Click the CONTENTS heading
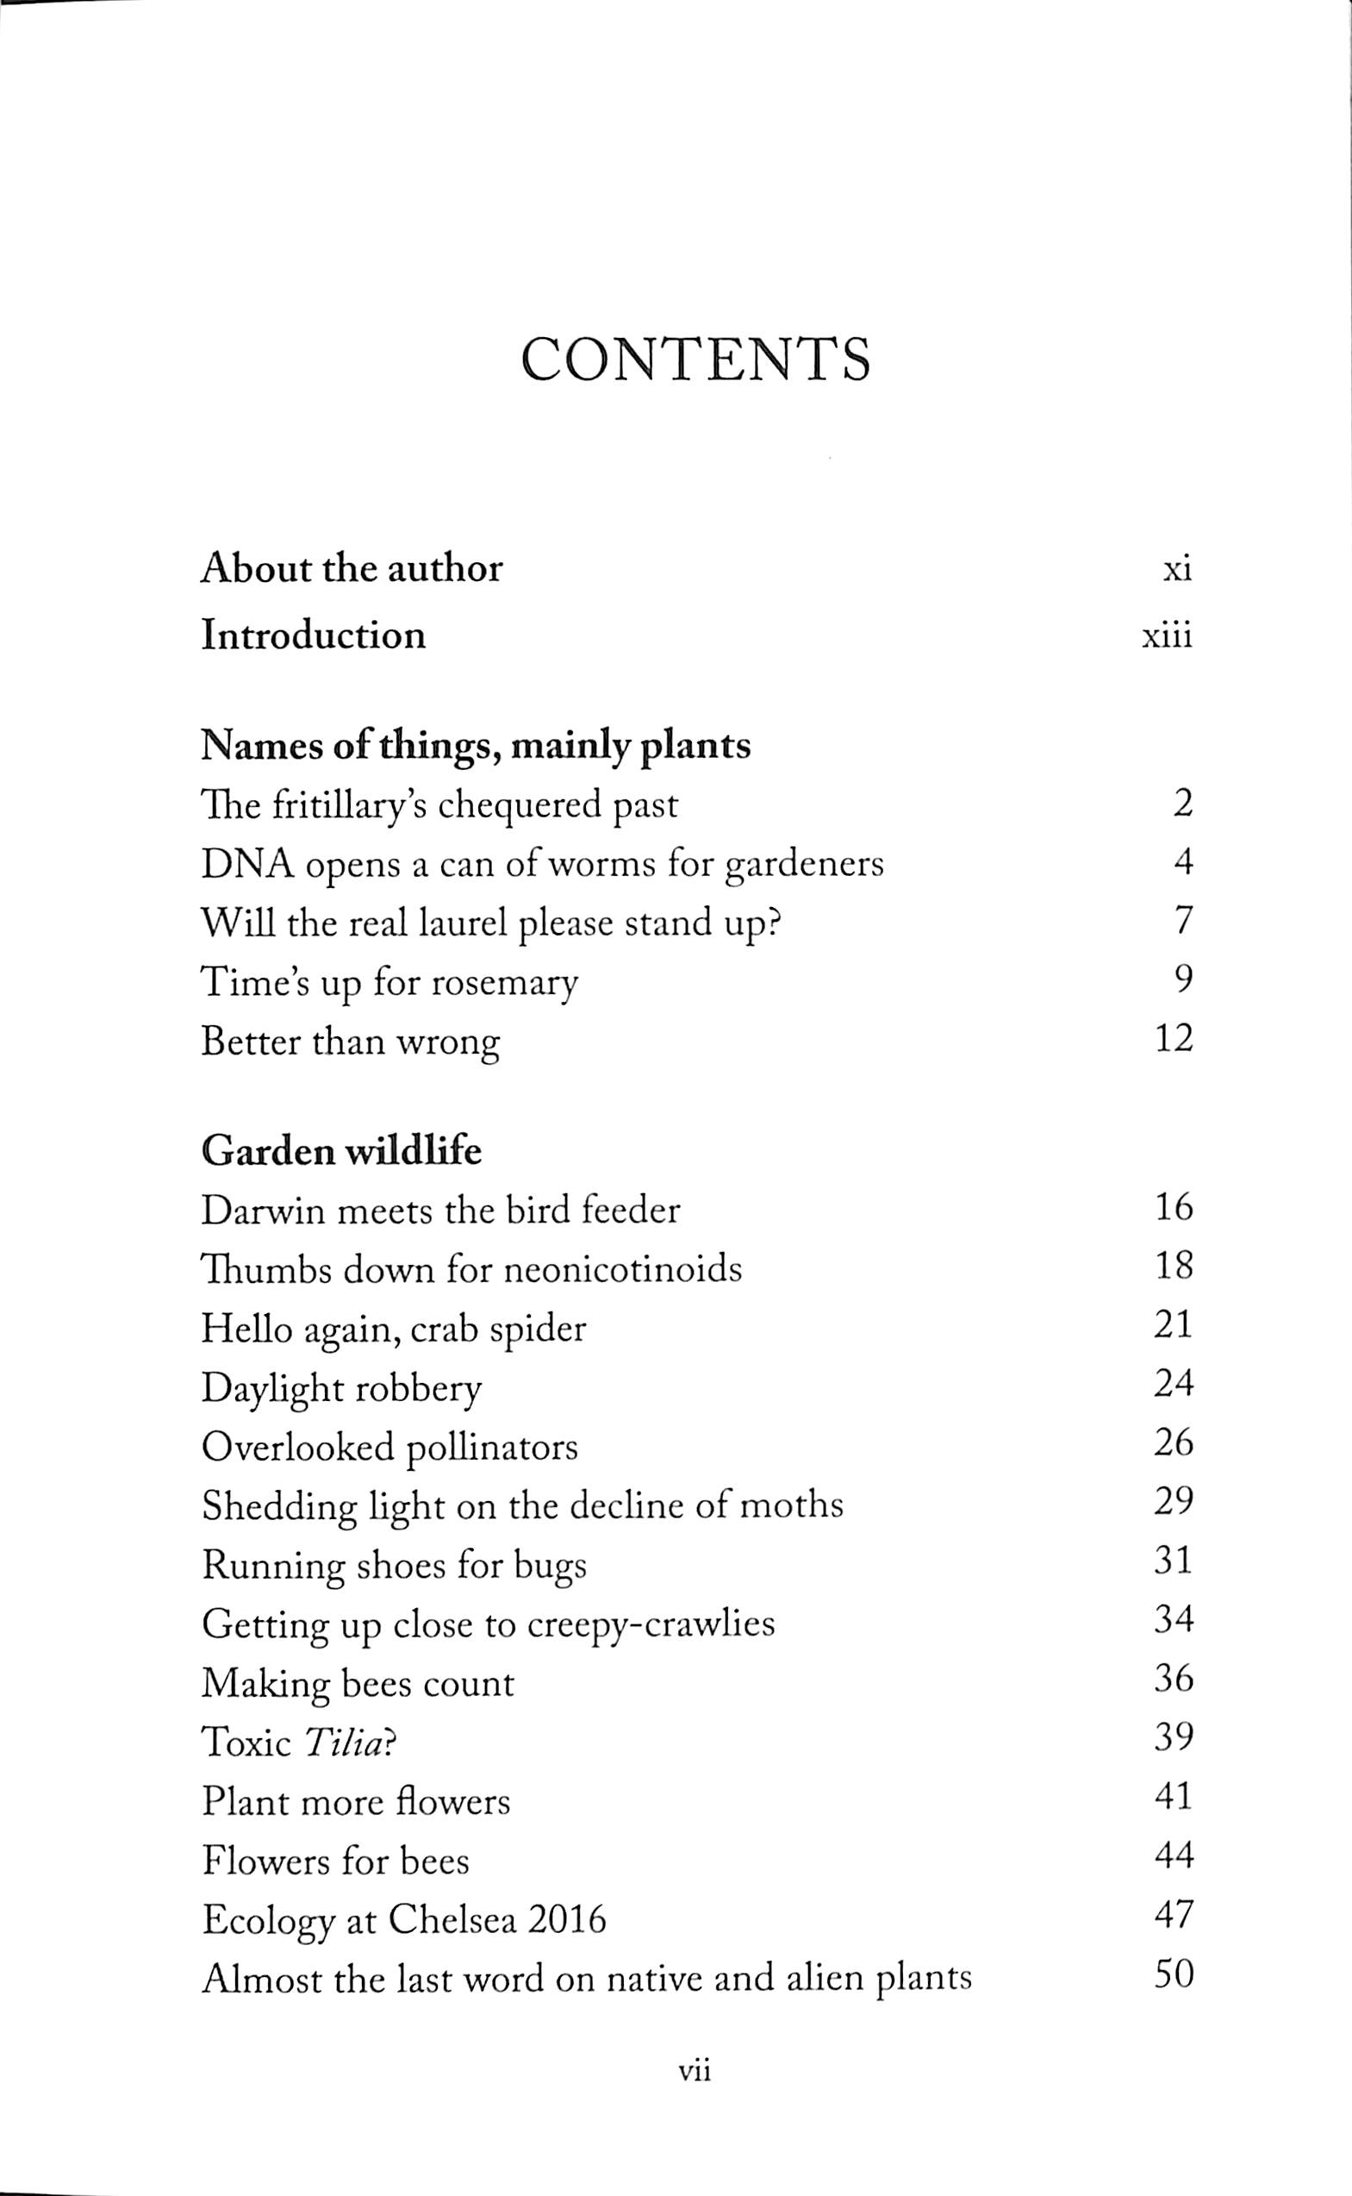(695, 360)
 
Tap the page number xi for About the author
(1177, 570)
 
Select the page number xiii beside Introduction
(1167, 637)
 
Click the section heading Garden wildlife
(340, 1150)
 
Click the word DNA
(247, 864)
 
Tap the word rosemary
(503, 983)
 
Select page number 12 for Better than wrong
(1173, 1040)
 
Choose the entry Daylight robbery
(340, 1389)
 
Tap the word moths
(792, 1505)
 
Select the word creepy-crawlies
(650, 1624)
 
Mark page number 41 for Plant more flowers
(1173, 1797)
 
